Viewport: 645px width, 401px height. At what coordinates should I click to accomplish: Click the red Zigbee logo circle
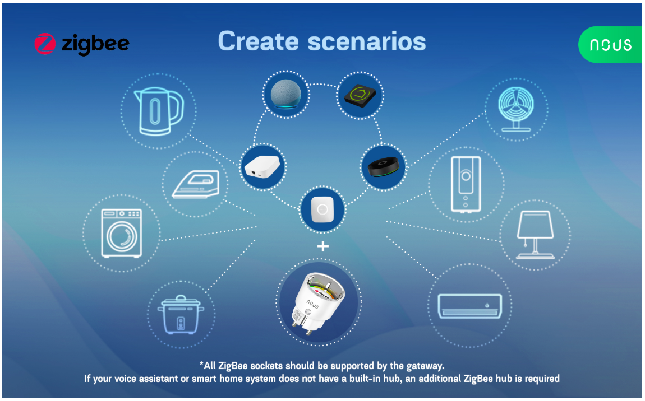click(45, 44)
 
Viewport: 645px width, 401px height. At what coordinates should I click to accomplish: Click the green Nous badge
click(610, 44)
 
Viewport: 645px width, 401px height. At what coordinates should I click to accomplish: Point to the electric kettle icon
click(159, 111)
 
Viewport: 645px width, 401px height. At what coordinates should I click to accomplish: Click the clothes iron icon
click(196, 184)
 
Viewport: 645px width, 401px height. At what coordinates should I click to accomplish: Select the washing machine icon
click(122, 233)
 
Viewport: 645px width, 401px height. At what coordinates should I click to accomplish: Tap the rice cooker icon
click(181, 314)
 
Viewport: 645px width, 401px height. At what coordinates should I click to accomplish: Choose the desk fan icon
click(516, 109)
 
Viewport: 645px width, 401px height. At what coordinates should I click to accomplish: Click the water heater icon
click(466, 184)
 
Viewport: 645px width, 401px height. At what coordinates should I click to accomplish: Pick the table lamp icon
click(535, 235)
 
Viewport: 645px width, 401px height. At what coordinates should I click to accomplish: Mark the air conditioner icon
click(470, 306)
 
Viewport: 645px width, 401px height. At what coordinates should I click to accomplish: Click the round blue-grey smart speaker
click(286, 95)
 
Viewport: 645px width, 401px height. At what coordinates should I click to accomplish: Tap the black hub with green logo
click(360, 96)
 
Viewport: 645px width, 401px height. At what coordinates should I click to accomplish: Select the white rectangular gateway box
click(262, 166)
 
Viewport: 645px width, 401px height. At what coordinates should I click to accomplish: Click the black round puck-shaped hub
click(384, 167)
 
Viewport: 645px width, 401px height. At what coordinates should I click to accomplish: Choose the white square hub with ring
click(322, 209)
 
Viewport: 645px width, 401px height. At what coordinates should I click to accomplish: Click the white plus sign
click(323, 246)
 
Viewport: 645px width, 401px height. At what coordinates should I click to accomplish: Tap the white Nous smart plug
click(317, 302)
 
